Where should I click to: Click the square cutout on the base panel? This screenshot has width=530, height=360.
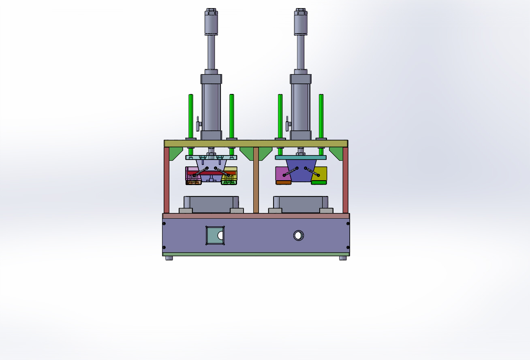coord(215,235)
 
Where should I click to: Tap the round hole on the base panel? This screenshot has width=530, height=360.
coord(298,235)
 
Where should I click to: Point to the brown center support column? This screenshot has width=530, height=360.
coord(256,180)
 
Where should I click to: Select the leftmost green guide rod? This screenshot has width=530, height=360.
coord(191,115)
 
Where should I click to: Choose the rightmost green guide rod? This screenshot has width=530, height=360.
coord(321,115)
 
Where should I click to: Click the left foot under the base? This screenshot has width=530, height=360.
coord(169,258)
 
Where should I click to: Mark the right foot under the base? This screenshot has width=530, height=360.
coord(343,258)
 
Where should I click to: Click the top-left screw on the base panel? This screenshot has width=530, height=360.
coord(164,224)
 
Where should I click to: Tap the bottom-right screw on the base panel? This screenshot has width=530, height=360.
coord(348,248)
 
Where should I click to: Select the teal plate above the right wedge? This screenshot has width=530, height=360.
coord(301,158)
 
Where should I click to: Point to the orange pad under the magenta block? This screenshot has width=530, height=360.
coord(283,183)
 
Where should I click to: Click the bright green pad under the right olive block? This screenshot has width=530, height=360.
coord(319,183)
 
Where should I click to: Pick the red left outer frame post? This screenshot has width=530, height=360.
coord(167,180)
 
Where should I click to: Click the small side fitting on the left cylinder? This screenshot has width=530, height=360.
coord(199,125)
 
